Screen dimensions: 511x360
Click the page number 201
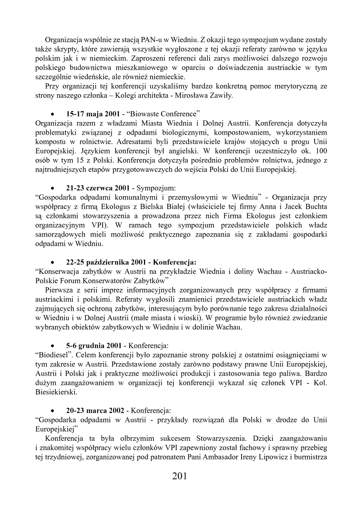180,476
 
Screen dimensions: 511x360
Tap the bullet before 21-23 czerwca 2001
53,188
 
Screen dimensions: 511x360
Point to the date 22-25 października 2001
106,262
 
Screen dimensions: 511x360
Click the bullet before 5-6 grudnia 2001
53,346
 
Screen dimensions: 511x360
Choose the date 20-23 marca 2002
95,411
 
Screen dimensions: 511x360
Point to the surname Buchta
316,207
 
